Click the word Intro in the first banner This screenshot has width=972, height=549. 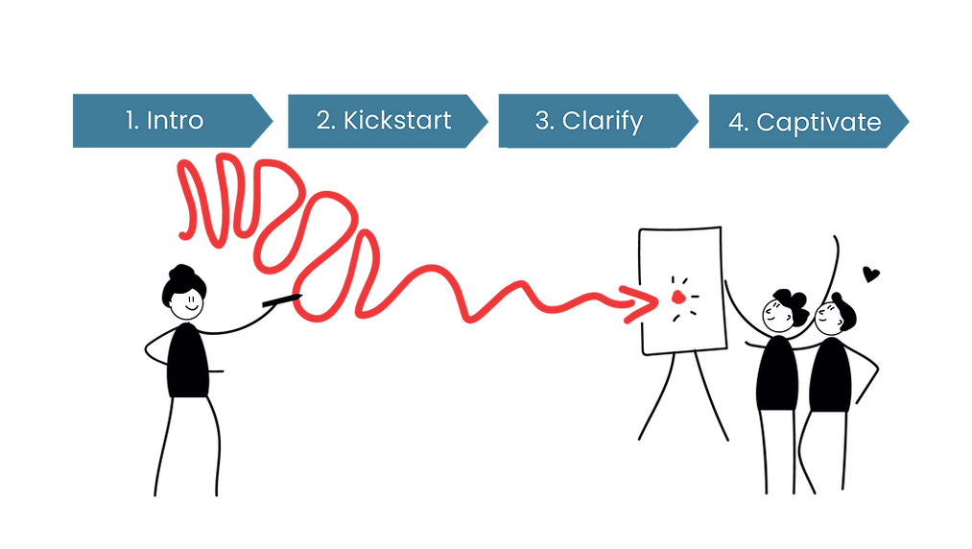175,121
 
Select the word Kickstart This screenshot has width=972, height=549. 397,121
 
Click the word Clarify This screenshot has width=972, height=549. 603,121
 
